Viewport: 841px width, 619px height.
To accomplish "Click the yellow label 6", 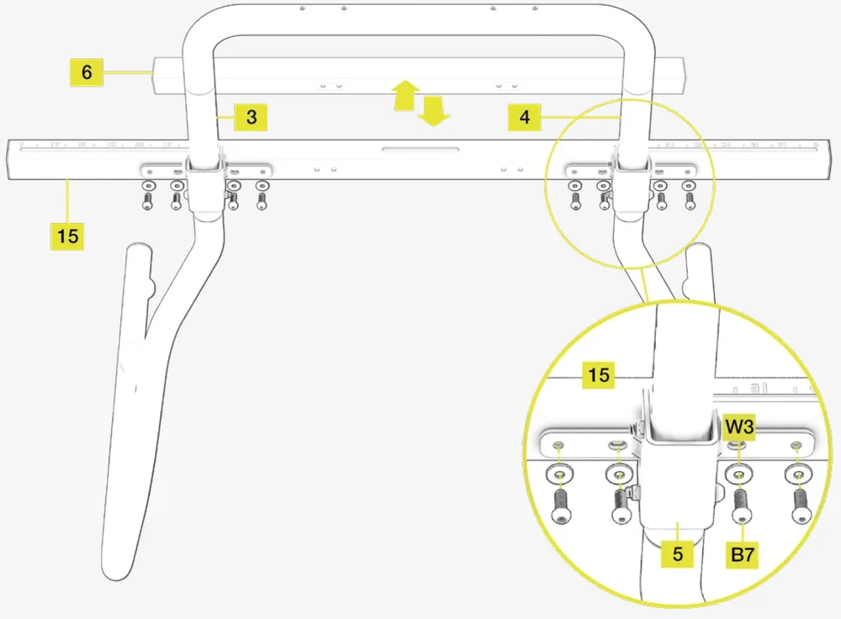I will tap(87, 72).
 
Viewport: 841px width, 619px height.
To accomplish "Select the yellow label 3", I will tap(251, 117).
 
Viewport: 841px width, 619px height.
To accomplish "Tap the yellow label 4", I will tap(525, 117).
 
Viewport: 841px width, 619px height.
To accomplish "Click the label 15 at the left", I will tap(68, 235).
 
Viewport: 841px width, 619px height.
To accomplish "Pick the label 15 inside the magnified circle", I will tap(599, 373).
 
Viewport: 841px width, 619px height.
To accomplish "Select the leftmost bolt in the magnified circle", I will tap(560, 505).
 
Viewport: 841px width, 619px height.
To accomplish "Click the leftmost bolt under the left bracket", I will tap(148, 201).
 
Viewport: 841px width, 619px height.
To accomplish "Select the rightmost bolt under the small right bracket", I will tap(690, 201).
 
